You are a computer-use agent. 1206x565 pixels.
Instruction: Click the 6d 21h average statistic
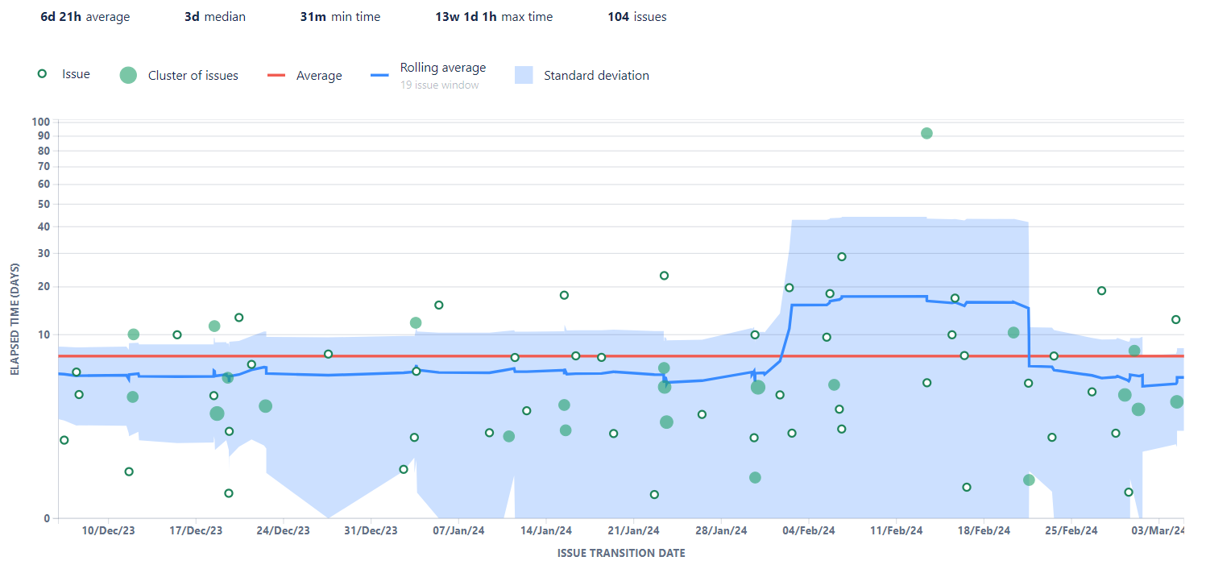85,16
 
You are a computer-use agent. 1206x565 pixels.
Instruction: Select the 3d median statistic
214,16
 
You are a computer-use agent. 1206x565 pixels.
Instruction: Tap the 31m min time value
340,16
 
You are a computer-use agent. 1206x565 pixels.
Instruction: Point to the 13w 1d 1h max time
494,16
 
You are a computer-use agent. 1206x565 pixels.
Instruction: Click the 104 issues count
636,16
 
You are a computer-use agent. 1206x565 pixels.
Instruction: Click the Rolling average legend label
442,68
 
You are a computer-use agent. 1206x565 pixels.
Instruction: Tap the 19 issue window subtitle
439,85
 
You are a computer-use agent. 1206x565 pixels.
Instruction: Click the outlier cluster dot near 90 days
926,133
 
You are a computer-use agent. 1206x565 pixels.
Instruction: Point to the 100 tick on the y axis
41,122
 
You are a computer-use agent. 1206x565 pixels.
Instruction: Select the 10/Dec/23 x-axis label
109,530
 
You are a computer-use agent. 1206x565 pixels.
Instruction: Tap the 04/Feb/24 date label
809,530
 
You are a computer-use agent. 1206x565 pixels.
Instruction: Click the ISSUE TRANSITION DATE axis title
621,553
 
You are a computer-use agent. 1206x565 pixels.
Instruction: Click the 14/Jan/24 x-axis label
546,530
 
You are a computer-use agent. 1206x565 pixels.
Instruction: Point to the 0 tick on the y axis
47,518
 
